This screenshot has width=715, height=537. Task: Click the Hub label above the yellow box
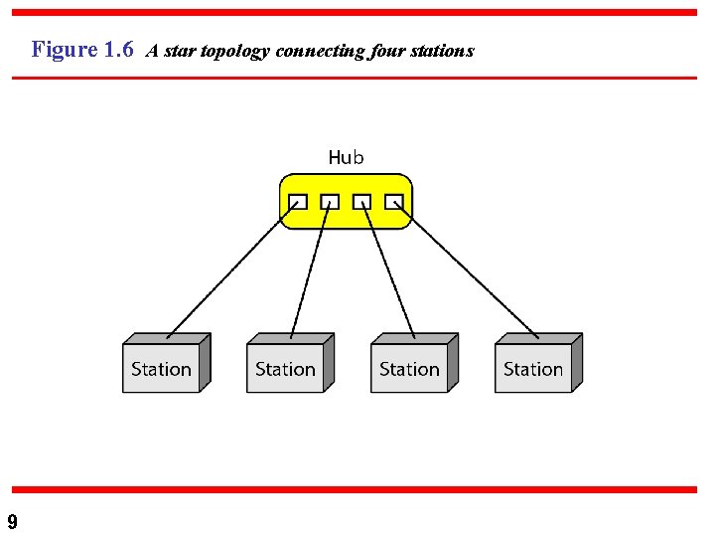click(346, 157)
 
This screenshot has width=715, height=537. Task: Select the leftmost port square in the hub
click(297, 201)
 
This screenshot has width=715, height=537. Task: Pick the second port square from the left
click(330, 201)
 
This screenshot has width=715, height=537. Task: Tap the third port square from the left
click(362, 201)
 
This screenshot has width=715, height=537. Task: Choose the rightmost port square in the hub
click(394, 201)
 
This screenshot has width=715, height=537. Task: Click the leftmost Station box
click(162, 368)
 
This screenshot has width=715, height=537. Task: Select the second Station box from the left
click(286, 368)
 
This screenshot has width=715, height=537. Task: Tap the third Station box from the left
click(410, 368)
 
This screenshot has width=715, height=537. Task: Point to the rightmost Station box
click(534, 368)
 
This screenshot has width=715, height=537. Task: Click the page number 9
click(12, 522)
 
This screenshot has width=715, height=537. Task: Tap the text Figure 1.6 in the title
click(82, 50)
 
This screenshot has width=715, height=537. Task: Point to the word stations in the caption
click(444, 51)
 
